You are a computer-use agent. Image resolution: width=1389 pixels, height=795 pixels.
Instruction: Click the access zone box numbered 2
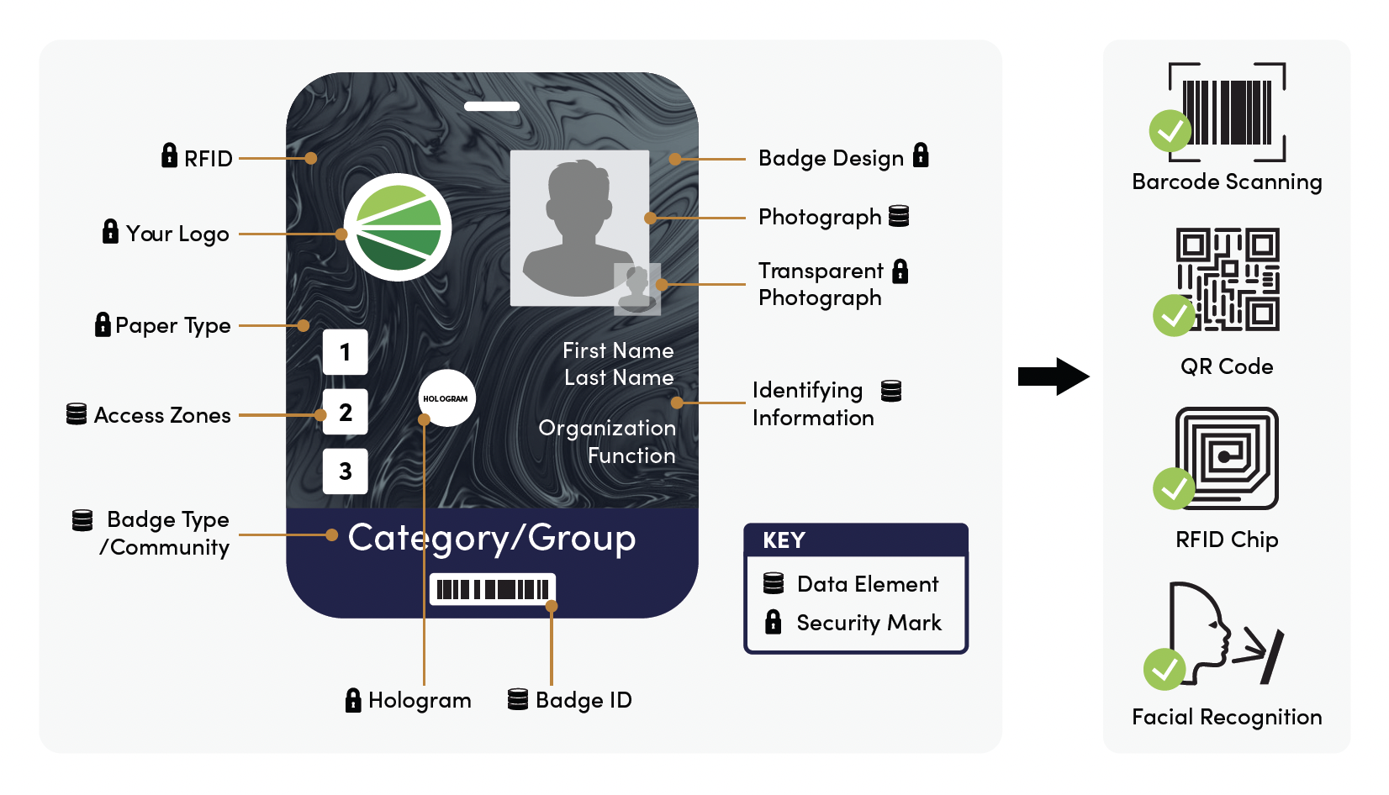345,412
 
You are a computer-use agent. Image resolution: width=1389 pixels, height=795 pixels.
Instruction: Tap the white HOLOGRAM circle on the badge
446,398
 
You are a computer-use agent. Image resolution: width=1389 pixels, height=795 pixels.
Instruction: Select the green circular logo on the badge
398,227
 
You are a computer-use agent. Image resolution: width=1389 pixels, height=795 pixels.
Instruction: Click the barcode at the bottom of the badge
493,589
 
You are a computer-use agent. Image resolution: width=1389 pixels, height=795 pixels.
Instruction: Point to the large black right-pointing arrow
1053,376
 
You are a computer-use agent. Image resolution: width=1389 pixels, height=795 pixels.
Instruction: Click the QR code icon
1228,279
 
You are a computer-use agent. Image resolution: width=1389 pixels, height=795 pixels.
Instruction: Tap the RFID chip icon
1228,458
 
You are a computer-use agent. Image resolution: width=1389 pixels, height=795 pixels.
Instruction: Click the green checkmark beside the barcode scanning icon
1170,131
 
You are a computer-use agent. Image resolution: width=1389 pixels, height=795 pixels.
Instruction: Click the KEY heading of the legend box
784,540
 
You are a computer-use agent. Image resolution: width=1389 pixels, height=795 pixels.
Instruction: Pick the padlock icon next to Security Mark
774,622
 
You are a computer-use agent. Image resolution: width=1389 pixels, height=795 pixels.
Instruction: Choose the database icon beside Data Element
774,583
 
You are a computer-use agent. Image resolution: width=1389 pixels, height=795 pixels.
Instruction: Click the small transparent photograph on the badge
637,289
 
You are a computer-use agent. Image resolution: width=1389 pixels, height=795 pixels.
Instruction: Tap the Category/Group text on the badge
492,538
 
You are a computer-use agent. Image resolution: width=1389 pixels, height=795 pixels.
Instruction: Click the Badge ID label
584,700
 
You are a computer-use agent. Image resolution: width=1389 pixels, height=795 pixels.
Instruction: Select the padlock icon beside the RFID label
169,155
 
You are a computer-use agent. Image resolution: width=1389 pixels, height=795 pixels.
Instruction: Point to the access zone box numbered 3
345,471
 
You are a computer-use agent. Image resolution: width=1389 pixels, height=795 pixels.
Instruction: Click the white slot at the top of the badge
492,107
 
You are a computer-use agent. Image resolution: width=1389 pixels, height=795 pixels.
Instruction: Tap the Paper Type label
172,325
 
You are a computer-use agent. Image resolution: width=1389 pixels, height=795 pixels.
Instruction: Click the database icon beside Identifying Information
891,391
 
